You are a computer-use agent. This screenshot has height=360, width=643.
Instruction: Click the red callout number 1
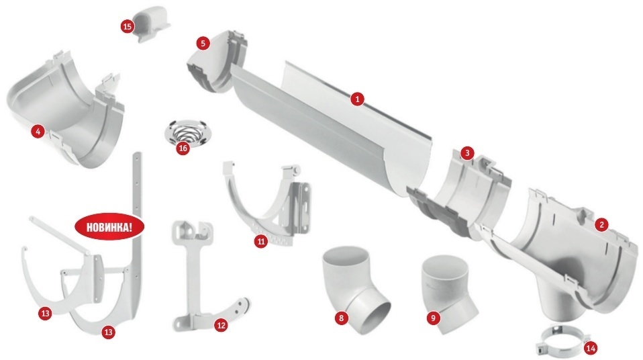pyautogui.click(x=357, y=99)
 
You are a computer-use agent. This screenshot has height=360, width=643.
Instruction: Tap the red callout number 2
pyautogui.click(x=601, y=224)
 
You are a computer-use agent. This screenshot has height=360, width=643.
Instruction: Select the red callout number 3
pyautogui.click(x=467, y=154)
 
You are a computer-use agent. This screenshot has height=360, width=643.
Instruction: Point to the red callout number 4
pyautogui.click(x=38, y=132)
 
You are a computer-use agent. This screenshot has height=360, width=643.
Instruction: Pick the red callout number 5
pyautogui.click(x=203, y=43)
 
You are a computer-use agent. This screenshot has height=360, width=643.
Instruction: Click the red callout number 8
pyautogui.click(x=341, y=317)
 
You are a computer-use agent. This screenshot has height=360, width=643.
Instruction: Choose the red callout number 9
pyautogui.click(x=434, y=317)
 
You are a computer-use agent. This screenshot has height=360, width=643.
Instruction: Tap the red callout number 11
pyautogui.click(x=261, y=241)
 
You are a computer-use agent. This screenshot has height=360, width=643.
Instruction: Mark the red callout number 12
pyautogui.click(x=221, y=326)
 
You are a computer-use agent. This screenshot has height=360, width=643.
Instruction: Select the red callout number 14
pyautogui.click(x=591, y=349)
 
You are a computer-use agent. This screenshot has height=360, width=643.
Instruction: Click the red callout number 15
pyautogui.click(x=128, y=27)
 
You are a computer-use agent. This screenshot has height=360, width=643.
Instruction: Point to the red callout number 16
pyautogui.click(x=183, y=148)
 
